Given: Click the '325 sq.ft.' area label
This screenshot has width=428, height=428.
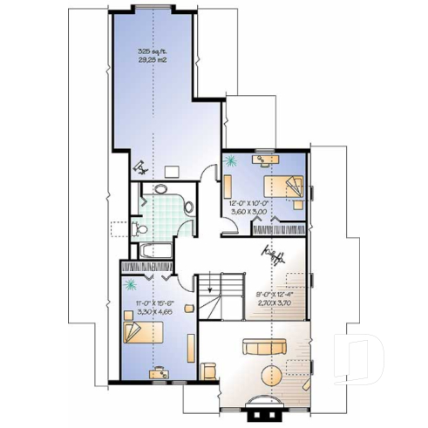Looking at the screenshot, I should pyautogui.click(x=153, y=52).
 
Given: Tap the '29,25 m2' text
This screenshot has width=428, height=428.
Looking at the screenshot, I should pyautogui.click(x=153, y=60).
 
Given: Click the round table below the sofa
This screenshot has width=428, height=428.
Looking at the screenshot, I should pyautogui.click(x=272, y=376).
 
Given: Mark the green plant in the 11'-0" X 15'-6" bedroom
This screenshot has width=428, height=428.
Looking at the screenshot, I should pyautogui.click(x=131, y=285).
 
